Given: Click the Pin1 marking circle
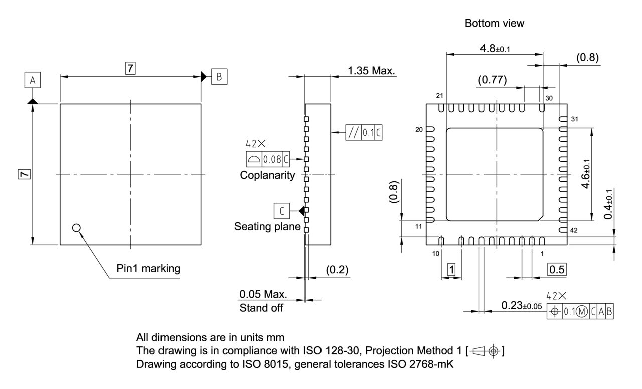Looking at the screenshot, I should click(76, 228).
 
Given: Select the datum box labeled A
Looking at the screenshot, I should click(33, 80).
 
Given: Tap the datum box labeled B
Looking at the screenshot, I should click(219, 77).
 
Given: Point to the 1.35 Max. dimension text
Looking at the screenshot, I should click(371, 71).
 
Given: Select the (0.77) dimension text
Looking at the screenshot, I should click(492, 79).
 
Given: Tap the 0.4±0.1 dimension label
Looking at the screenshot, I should click(609, 205).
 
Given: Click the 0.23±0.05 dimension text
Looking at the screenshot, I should click(521, 305).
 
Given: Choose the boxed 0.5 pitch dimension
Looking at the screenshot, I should click(557, 270).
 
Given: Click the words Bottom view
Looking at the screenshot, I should click(495, 23).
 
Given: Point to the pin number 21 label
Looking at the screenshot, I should click(440, 96).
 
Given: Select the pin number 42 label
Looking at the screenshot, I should click(575, 230).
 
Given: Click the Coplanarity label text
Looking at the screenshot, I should click(267, 175).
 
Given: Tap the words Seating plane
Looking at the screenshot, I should click(267, 227).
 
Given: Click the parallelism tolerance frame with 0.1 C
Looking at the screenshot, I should click(363, 133).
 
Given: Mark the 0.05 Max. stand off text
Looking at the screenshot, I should click(263, 293).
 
